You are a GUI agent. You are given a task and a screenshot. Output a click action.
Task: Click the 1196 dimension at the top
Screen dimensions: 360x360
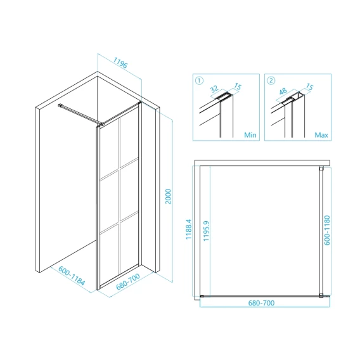[x=120, y=63]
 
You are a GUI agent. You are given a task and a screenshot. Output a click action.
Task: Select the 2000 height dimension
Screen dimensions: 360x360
[x=169, y=196]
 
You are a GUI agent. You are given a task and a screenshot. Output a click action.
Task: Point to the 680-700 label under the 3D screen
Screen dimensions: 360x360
[x=128, y=281]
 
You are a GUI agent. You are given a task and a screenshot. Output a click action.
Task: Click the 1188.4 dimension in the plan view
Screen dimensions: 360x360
[x=188, y=229]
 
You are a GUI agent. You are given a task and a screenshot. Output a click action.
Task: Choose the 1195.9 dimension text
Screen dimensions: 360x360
[x=206, y=231]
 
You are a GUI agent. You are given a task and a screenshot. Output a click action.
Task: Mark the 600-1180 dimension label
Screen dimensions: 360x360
[x=327, y=230]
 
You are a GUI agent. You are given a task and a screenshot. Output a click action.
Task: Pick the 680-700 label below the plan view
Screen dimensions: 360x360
[x=261, y=303]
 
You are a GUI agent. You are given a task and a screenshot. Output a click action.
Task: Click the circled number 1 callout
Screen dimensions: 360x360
[x=199, y=80]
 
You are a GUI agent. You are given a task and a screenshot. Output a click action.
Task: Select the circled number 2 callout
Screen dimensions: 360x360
[x=271, y=80]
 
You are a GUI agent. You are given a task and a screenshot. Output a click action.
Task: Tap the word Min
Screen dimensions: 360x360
[x=250, y=135]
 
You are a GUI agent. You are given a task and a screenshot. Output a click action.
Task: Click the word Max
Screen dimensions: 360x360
[x=321, y=135]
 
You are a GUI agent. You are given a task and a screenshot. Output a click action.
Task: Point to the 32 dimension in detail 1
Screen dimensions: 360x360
[x=214, y=89]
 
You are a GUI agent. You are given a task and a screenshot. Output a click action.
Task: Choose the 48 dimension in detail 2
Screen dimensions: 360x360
[x=283, y=91]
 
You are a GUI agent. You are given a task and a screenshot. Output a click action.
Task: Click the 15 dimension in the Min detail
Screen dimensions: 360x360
[x=238, y=87]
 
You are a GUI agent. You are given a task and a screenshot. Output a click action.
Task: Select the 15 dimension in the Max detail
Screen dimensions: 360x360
[x=309, y=87]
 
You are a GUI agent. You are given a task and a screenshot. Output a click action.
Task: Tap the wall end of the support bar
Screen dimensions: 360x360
[x=60, y=105]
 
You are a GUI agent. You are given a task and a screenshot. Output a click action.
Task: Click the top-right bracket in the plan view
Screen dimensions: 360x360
[x=321, y=169]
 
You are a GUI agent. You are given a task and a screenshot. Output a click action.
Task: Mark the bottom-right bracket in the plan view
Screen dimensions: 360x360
[x=321, y=296]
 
